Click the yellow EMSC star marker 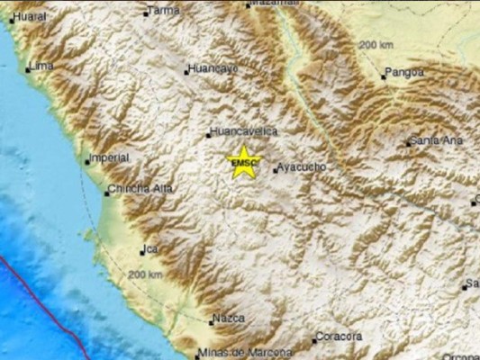pyautogui.click(x=243, y=162)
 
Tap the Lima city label pyautogui.click(x=41, y=67)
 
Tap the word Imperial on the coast pyautogui.click(x=110, y=158)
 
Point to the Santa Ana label pyautogui.click(x=434, y=141)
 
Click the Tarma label pyautogui.click(x=164, y=11)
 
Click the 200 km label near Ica pyautogui.click(x=146, y=274)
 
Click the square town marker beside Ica pyautogui.click(x=142, y=251)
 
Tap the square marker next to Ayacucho pyautogui.click(x=276, y=168)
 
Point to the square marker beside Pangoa pyautogui.click(x=383, y=76)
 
